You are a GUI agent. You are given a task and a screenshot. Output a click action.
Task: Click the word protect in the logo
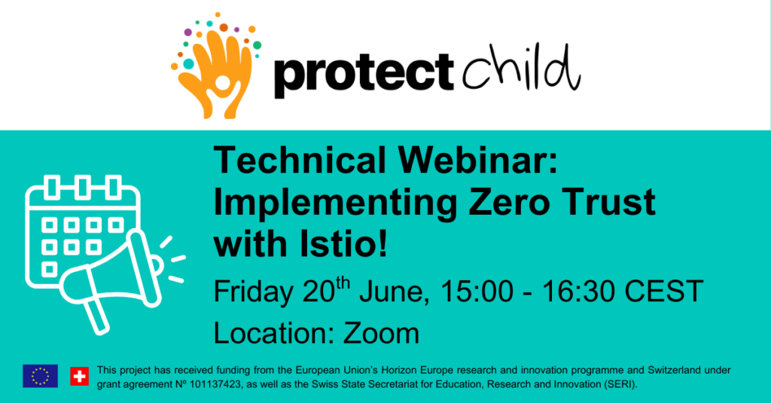click(364, 73)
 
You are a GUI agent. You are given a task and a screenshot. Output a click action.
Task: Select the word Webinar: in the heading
click(478, 160)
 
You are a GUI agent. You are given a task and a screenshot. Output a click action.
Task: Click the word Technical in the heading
click(300, 160)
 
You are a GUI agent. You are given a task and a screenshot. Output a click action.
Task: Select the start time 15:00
click(477, 291)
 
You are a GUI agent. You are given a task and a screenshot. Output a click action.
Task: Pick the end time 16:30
click(579, 291)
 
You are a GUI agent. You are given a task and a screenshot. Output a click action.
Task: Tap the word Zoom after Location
click(381, 333)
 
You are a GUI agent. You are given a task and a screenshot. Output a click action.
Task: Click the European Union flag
click(41, 376)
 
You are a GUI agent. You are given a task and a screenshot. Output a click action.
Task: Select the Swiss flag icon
click(79, 376)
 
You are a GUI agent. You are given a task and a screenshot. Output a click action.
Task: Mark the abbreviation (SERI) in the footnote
click(620, 384)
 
